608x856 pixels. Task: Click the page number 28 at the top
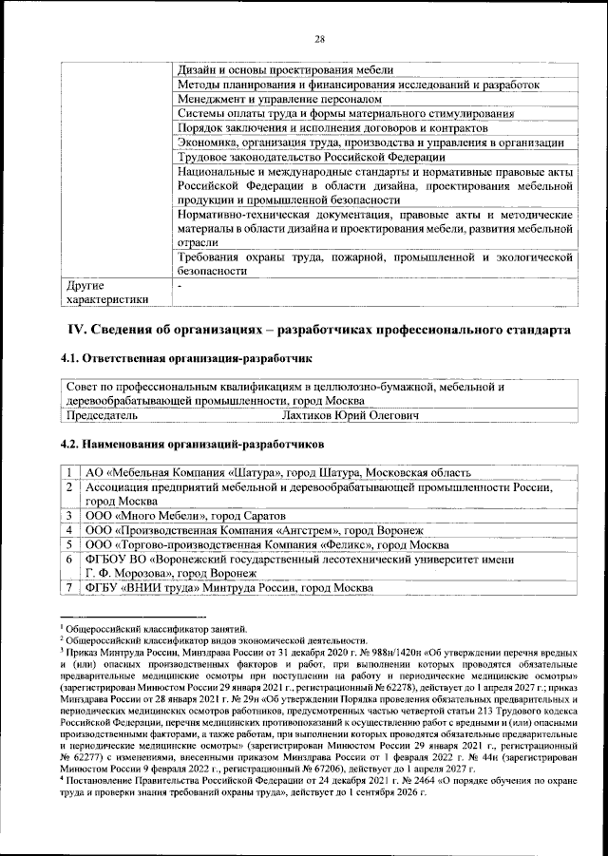tap(320, 38)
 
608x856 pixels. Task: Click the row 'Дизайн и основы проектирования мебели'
tap(286, 70)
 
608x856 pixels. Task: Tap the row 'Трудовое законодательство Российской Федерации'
tap(312, 157)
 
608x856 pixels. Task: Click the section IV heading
tap(315, 330)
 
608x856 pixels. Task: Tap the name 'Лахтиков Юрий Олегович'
tap(351, 415)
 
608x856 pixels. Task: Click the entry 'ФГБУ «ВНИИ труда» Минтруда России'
tap(235, 588)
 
